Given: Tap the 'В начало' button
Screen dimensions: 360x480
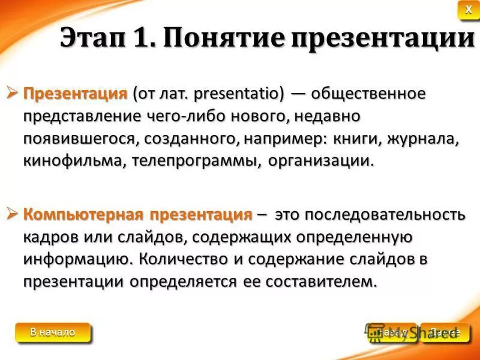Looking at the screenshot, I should [53, 332].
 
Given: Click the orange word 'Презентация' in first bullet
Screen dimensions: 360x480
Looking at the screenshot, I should [76, 94].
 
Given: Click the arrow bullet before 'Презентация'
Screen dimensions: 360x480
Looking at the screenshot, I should [14, 93].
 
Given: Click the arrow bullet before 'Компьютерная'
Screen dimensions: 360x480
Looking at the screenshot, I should [14, 214].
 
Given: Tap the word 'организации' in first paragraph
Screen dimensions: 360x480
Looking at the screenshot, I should [320, 161].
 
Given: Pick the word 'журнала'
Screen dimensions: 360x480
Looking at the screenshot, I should [423, 139].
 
